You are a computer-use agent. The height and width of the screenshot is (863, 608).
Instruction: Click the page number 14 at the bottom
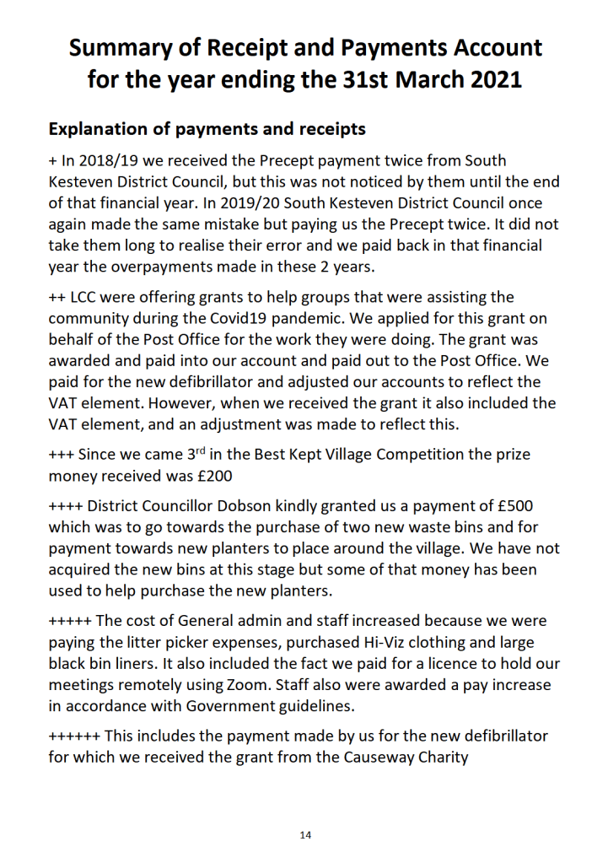[x=305, y=835]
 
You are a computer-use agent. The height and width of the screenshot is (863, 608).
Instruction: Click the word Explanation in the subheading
[x=101, y=129]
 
